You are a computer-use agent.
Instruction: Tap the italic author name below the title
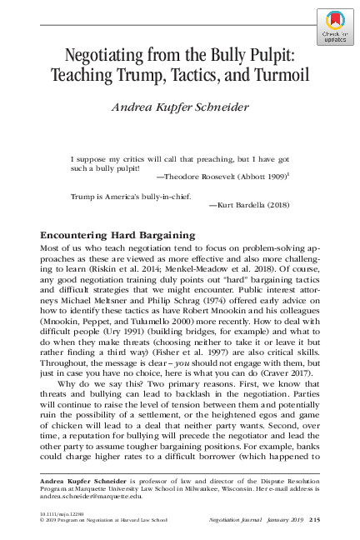[180, 107]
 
